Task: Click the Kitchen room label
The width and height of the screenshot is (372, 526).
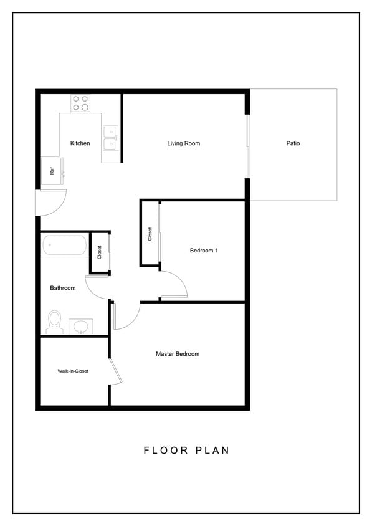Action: point(80,143)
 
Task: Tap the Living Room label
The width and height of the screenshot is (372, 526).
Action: point(184,143)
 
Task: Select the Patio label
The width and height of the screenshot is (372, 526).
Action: point(293,143)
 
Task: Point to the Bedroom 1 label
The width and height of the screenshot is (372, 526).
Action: point(204,251)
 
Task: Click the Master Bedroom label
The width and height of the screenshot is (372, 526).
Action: point(178,354)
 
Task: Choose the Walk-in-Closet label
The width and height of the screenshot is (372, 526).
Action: point(73,371)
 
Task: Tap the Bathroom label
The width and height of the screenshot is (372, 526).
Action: point(63,288)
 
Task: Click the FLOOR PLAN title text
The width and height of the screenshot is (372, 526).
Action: point(186,450)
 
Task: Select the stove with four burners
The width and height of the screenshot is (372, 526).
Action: point(80,103)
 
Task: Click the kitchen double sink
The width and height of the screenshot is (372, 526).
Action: point(111,138)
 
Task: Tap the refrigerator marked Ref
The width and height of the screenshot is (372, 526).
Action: point(52,169)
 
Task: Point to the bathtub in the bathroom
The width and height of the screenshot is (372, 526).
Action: point(64,245)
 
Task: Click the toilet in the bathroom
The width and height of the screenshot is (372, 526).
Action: point(54,321)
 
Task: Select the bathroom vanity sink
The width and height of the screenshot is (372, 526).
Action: point(80,326)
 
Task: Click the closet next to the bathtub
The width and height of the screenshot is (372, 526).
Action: point(99,252)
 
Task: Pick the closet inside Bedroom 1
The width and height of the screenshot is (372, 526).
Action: point(150,233)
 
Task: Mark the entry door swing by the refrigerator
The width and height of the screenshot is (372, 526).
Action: point(52,203)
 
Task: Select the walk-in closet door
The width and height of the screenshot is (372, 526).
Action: point(115,371)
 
